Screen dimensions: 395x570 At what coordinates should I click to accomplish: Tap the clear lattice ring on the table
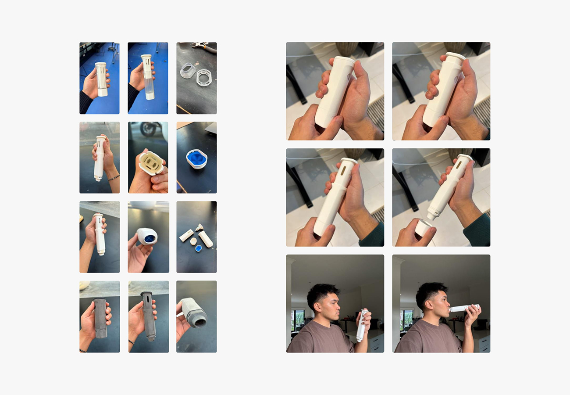(x=204, y=77)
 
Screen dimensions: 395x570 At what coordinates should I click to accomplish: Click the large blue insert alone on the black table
(x=196, y=158)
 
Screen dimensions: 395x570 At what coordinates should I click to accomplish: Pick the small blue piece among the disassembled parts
(x=198, y=248)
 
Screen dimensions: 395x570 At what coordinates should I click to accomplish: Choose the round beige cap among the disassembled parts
(x=193, y=241)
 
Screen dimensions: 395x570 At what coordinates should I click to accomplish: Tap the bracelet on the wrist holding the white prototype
(x=114, y=178)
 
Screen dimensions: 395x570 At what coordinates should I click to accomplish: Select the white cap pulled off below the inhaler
(x=424, y=227)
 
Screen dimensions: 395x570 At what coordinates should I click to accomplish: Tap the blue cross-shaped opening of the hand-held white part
(x=150, y=238)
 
